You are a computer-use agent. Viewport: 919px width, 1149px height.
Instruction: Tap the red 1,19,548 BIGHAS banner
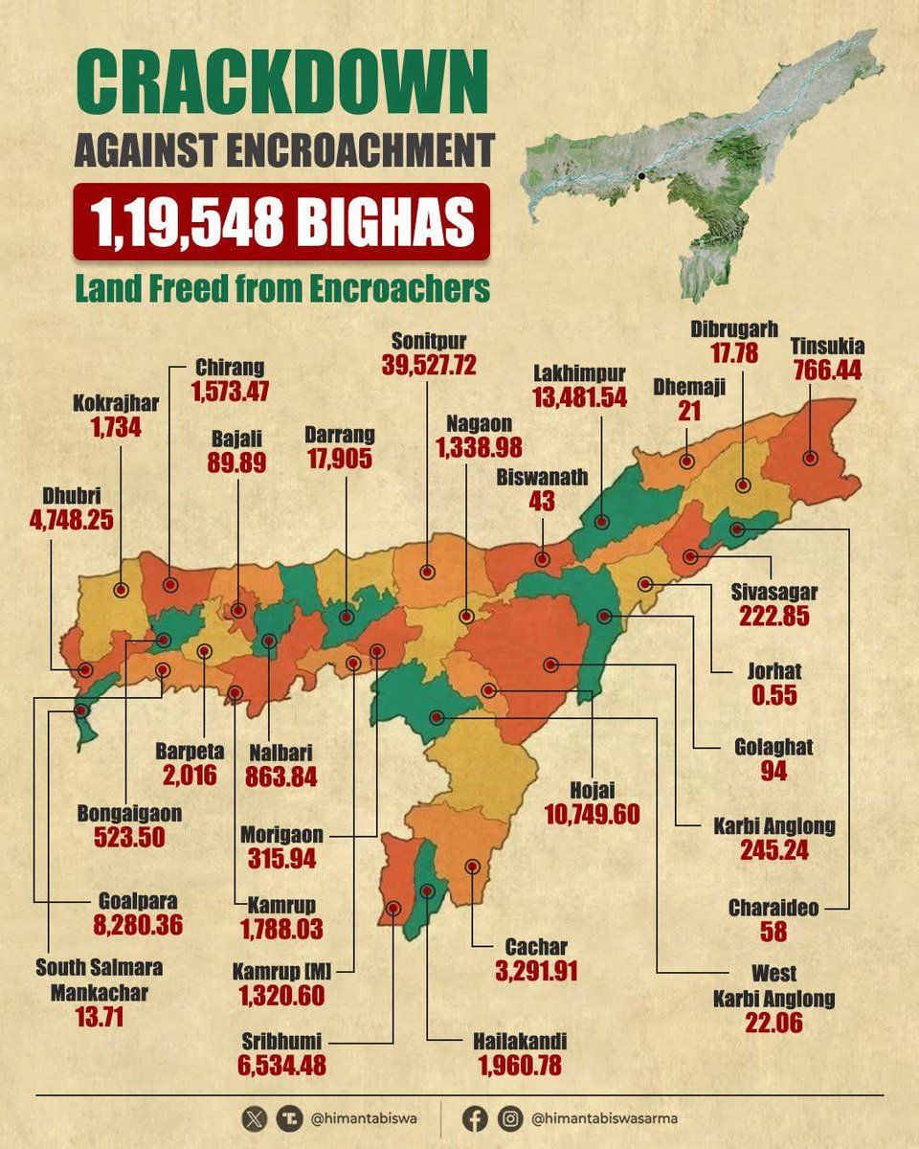click(281, 222)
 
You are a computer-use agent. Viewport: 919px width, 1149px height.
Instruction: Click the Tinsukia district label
click(827, 345)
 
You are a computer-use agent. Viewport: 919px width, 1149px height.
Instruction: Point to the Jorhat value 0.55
click(773, 695)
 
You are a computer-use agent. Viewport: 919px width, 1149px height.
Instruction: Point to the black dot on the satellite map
click(639, 176)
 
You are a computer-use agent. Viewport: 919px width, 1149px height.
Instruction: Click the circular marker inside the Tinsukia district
click(811, 459)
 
